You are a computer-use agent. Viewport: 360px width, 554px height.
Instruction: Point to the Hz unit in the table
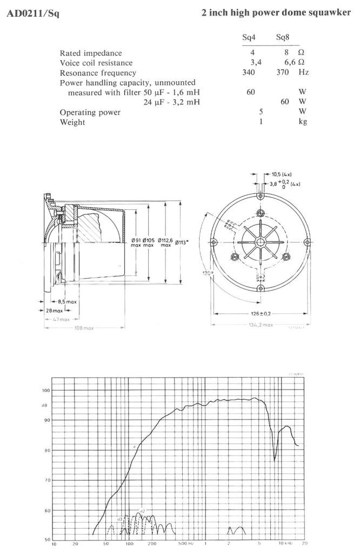303,72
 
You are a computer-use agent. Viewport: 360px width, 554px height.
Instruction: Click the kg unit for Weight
303,122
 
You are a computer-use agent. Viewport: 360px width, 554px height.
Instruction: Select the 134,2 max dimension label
261,325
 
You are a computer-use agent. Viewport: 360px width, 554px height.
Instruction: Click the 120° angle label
206,274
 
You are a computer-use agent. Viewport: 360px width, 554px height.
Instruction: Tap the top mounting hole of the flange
261,197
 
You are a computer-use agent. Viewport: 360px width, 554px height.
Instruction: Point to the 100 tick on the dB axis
46,390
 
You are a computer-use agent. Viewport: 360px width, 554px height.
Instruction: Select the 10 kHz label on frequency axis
285,543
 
